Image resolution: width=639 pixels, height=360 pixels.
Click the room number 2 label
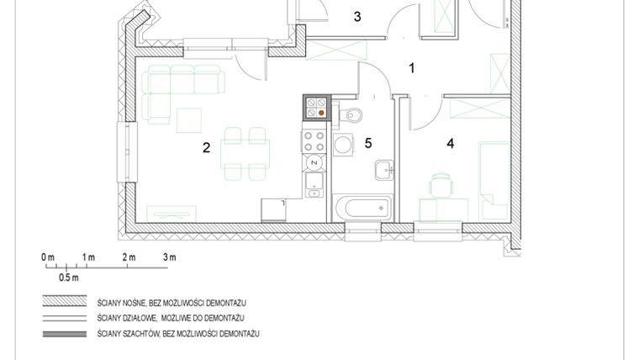coord(205,149)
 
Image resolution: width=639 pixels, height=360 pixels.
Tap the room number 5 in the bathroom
coord(368,142)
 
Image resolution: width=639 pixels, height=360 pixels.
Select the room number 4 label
coord(451,144)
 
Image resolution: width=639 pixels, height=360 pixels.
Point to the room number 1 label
coord(412,69)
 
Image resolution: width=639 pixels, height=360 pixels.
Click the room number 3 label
coord(357,17)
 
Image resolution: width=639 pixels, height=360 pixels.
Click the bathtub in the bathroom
coord(362,206)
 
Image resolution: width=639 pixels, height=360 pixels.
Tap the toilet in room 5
coord(352,114)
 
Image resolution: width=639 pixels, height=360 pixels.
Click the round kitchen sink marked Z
coord(314,161)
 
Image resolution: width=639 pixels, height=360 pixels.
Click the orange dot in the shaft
coord(320,111)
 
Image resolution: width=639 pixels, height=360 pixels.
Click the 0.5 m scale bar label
coord(68,277)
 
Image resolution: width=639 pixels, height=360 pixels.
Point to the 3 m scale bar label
coord(169,257)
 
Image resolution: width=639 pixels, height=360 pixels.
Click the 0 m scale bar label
coord(47,257)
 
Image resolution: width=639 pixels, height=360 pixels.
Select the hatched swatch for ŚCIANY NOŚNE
coord(66,302)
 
